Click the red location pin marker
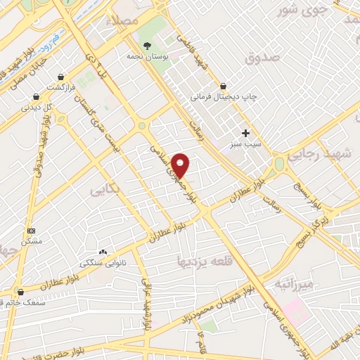(181, 165)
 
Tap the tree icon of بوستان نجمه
(146, 45)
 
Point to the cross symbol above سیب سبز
(245, 133)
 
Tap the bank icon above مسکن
(31, 230)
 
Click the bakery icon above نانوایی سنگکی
(103, 252)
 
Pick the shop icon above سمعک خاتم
(20, 291)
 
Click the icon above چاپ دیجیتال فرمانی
(223, 86)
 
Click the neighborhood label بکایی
(103, 190)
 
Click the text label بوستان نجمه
(146, 56)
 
